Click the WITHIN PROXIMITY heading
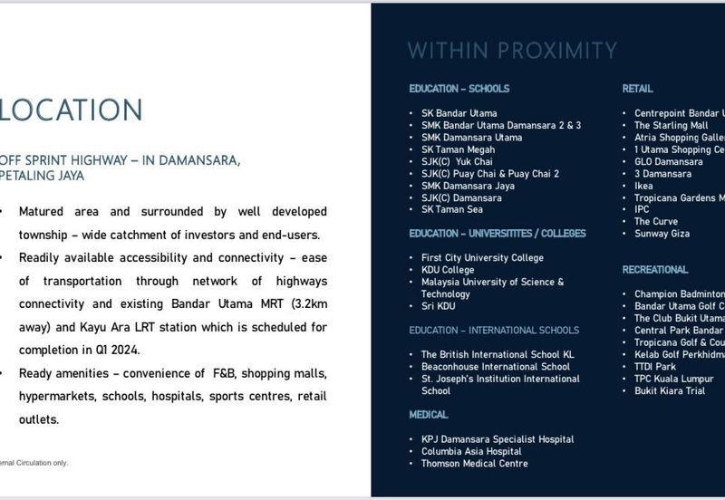pos(512,51)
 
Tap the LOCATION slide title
pos(72,111)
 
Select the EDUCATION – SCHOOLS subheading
pos(459,89)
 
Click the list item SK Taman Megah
pos(458,149)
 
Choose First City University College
pos(482,258)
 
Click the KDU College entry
pos(448,270)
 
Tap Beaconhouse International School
pos(496,367)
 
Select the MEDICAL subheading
pos(429,415)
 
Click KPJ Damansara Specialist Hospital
pos(498,439)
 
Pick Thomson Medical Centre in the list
pos(474,464)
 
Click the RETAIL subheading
pos(637,89)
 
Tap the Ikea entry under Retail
pos(643,186)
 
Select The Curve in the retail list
pos(656,222)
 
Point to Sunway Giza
pos(662,234)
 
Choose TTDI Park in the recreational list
pos(655,367)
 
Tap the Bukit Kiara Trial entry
pos(668,390)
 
